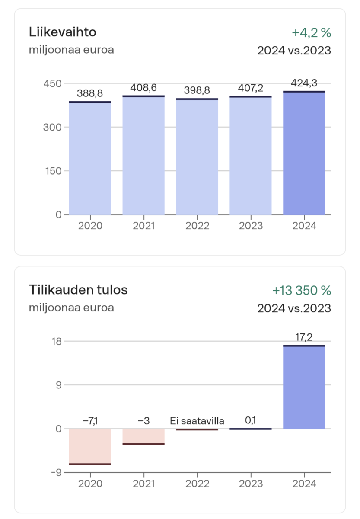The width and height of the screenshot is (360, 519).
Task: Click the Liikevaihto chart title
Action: (x=62, y=32)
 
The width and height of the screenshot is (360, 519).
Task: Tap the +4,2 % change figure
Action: (x=311, y=32)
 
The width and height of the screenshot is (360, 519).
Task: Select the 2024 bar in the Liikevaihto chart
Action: (x=304, y=153)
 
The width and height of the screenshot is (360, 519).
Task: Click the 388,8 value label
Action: (x=90, y=93)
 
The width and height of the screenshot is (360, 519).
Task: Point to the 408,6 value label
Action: (x=143, y=88)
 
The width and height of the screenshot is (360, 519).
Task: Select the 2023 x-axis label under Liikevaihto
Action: (x=251, y=226)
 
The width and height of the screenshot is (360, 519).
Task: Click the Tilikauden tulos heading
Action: (x=78, y=290)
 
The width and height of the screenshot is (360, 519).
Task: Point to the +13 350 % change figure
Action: (x=302, y=290)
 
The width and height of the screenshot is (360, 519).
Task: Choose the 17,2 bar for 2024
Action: (x=304, y=387)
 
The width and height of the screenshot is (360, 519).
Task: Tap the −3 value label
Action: (x=143, y=420)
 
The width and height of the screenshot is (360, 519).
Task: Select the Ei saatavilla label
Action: (x=197, y=420)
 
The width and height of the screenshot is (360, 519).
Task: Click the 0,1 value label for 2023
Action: (x=251, y=420)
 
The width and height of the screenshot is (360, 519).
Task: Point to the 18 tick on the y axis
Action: (x=57, y=341)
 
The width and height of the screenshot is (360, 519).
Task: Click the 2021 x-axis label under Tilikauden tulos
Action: (x=143, y=484)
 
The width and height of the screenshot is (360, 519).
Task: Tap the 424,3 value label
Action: (x=304, y=83)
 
